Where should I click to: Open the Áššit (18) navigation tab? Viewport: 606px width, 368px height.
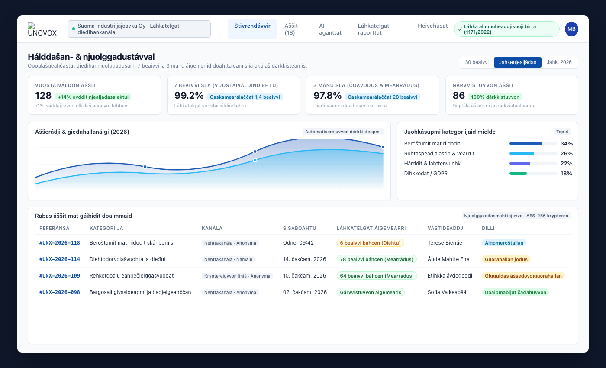[x=291, y=29]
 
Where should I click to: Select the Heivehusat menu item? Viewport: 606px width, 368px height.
[x=432, y=26]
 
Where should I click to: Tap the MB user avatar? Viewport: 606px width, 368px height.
[x=571, y=29]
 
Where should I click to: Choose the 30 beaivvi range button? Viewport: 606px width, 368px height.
[x=477, y=62]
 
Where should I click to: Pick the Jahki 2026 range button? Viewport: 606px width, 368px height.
[x=559, y=62]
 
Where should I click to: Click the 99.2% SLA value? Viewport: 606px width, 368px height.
[x=189, y=96]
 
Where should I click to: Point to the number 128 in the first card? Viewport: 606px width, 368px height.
[x=43, y=96]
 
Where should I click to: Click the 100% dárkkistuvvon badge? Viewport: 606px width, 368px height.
[x=495, y=97]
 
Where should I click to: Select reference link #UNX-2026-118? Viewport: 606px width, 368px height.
[x=60, y=243]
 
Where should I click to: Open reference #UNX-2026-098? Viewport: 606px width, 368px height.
[x=60, y=292]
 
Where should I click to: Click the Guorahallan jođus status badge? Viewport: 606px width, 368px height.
[x=506, y=259]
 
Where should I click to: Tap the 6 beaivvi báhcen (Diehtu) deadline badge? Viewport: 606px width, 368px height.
[x=370, y=243]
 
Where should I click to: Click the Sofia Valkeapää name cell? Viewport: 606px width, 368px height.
[x=447, y=292]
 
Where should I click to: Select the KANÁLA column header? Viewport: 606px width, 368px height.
[x=212, y=228]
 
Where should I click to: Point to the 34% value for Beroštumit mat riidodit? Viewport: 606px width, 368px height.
[x=567, y=143]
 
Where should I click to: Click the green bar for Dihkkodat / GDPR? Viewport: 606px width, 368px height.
[x=518, y=174]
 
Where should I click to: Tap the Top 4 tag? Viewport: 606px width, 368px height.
[x=562, y=132]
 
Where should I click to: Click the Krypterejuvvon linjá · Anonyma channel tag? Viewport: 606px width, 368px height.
[x=237, y=276]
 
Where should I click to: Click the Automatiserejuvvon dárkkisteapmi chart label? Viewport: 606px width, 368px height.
[x=343, y=132]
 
